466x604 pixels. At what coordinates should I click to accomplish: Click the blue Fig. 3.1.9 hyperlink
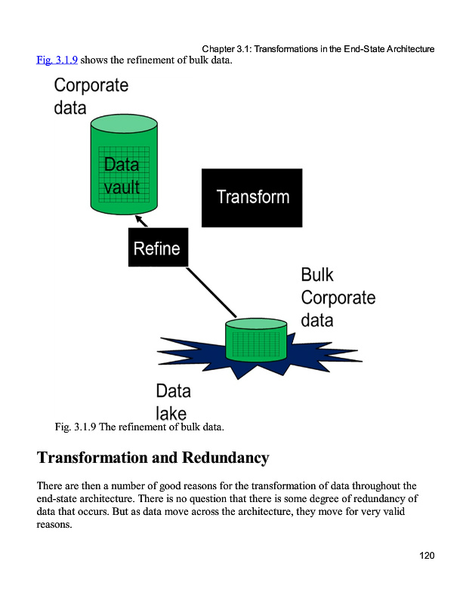pos(57,60)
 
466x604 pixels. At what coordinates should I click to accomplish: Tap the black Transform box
pos(252,197)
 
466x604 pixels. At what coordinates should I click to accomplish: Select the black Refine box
pos(157,248)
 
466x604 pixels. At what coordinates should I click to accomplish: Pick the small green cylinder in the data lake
pos(256,341)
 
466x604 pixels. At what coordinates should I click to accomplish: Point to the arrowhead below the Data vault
pos(139,219)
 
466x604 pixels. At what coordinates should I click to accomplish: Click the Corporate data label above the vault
pos(91,96)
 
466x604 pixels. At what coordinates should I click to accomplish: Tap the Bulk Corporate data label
pos(337,297)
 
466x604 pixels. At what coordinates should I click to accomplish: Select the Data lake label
pos(173,402)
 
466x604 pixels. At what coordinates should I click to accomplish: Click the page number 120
pos(427,556)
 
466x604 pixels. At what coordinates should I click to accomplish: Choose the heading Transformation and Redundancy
pos(153,458)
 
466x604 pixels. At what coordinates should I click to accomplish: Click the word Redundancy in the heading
pos(224,458)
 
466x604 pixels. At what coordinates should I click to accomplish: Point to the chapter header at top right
pos(318,49)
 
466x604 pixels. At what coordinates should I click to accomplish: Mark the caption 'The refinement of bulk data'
pos(162,427)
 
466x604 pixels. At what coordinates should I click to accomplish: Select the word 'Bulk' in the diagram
pos(317,274)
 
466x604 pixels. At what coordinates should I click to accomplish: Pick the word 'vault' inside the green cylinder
pos(122,186)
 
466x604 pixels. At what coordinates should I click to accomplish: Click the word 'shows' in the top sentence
pos(94,60)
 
